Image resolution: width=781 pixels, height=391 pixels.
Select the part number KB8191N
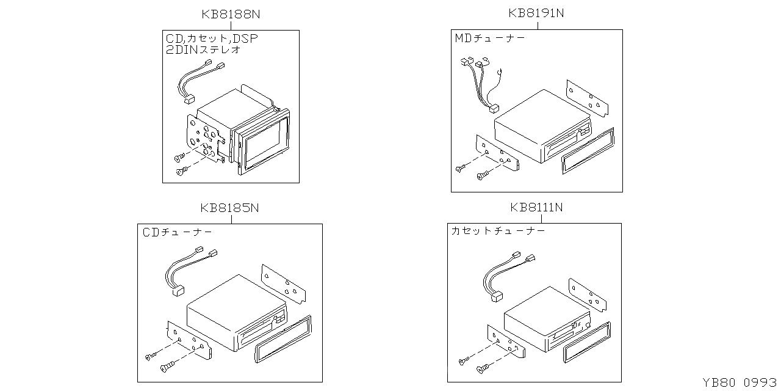coord(536,13)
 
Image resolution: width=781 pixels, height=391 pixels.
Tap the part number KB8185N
coord(230,208)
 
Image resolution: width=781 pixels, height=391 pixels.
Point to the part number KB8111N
coord(536,208)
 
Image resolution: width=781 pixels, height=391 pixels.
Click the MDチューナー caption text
coord(490,38)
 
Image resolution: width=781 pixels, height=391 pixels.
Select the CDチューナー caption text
coord(178,232)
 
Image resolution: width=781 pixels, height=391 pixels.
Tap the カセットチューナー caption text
coord(498,231)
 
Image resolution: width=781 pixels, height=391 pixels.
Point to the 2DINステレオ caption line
coord(203,50)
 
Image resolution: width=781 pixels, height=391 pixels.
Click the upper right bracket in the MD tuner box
coord(587,98)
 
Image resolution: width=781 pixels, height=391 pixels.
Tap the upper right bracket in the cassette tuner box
coord(587,294)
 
